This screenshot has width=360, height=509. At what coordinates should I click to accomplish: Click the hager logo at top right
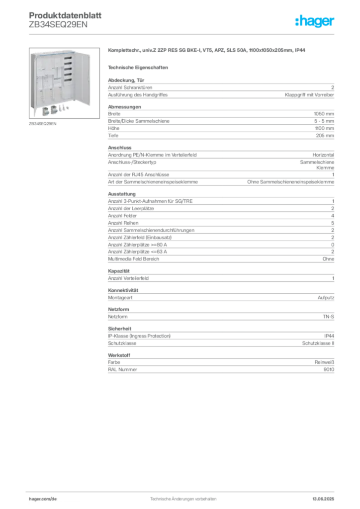315,21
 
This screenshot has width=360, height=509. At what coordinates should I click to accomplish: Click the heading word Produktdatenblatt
65,15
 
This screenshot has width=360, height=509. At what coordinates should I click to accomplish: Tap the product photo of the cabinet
64,83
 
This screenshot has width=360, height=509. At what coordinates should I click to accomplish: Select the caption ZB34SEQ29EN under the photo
43,124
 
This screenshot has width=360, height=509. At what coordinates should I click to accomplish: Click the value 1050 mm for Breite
324,114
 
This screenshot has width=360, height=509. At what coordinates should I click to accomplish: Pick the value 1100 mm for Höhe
324,128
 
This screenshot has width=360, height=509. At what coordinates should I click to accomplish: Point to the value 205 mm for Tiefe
325,135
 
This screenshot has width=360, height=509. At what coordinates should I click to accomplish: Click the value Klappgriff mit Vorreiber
309,95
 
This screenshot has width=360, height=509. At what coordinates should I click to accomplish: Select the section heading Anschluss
120,147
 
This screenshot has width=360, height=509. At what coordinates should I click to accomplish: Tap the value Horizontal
323,155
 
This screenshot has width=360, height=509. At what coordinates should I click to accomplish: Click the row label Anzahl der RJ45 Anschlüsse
139,174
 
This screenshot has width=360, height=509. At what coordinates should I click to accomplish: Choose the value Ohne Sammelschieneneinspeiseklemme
290,182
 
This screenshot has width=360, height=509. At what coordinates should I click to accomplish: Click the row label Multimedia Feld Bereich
134,258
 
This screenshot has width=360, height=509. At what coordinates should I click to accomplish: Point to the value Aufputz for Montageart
326,297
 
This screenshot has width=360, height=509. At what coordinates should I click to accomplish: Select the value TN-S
329,317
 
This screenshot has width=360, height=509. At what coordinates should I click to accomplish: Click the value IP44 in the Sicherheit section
329,336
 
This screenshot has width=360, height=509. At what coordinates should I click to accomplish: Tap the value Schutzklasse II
318,343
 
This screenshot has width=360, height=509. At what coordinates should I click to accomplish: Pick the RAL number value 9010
329,369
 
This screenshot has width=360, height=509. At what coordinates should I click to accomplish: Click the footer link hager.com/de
43,499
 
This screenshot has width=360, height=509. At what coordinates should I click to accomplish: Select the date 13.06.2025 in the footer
323,499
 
